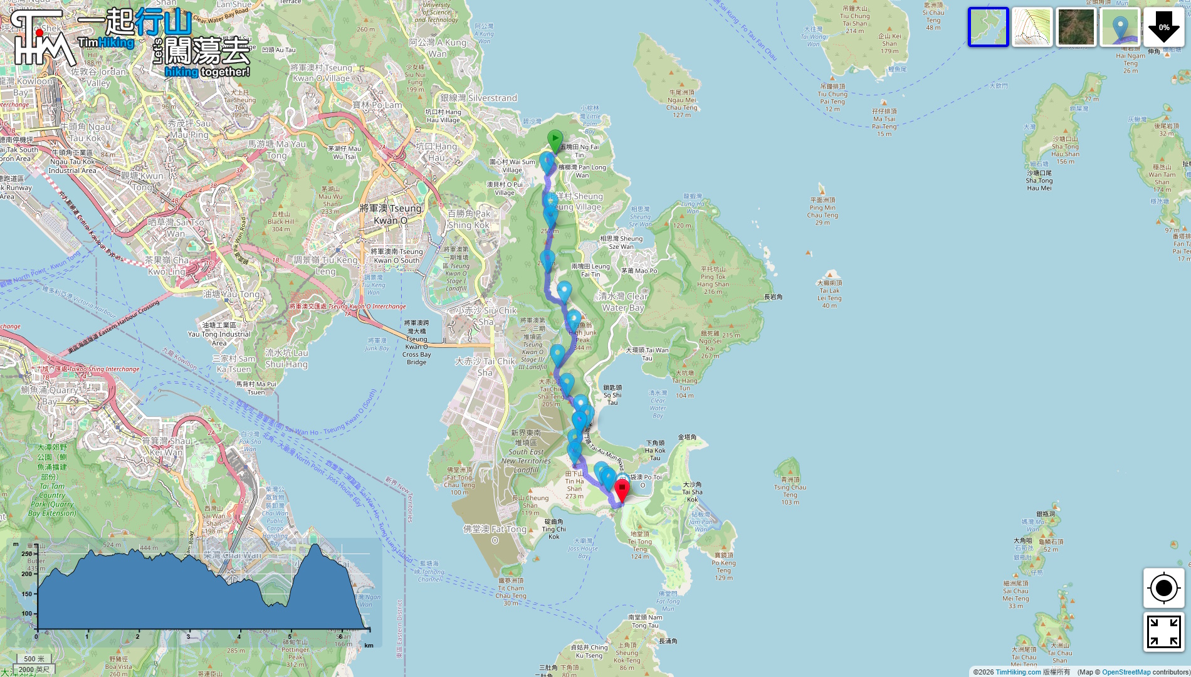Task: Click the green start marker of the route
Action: tap(555, 139)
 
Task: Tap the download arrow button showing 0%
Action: tap(1163, 28)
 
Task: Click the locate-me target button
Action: tap(1163, 588)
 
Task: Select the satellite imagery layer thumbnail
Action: tap(1076, 28)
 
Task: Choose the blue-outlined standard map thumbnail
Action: tap(988, 28)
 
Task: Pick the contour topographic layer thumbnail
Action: tap(1032, 28)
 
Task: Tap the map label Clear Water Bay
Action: tap(623, 302)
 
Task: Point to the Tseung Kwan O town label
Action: tap(391, 214)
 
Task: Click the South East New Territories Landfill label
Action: tap(526, 451)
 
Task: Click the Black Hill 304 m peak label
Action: tap(280, 221)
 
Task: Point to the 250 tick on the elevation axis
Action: tap(26, 554)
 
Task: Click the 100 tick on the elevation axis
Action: tap(26, 614)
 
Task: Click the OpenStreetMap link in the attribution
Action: tap(1126, 672)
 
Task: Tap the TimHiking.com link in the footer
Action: tap(1018, 672)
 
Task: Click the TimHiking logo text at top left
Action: tap(106, 43)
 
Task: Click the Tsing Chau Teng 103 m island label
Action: tap(790, 491)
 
